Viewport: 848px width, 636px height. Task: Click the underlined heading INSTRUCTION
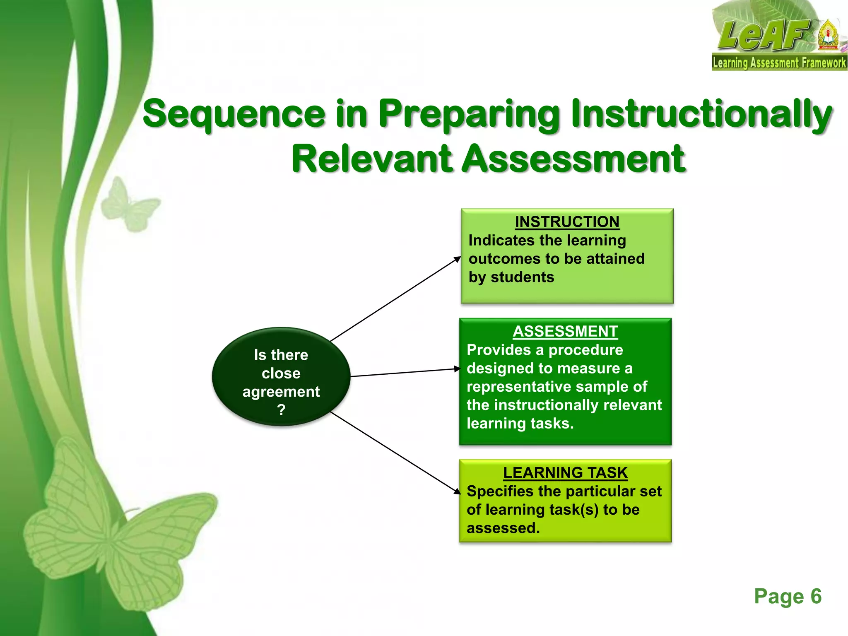[567, 222]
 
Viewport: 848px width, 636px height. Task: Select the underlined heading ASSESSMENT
[565, 331]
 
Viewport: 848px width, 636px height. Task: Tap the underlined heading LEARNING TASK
[565, 472]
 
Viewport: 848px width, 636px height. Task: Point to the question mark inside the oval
[281, 410]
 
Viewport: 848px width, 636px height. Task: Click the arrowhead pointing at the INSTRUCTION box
[458, 259]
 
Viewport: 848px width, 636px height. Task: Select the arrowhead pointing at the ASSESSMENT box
[457, 369]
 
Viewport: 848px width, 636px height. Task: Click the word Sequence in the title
[234, 114]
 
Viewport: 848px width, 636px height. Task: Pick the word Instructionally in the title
[701, 114]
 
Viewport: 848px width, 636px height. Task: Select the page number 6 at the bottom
[816, 596]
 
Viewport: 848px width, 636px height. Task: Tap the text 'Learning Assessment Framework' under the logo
[779, 63]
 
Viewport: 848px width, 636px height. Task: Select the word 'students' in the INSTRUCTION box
[522, 277]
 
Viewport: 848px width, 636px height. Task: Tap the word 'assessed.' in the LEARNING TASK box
[503, 528]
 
